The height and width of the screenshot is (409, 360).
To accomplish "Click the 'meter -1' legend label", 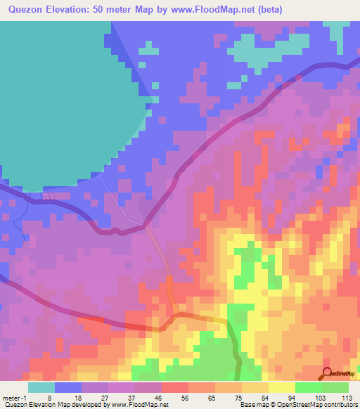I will (x=14, y=397).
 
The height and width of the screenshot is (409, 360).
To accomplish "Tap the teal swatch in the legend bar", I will (x=41, y=387).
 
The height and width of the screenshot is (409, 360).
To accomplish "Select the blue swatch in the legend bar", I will (x=67, y=387).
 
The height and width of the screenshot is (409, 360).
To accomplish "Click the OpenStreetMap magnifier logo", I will (x=326, y=373).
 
